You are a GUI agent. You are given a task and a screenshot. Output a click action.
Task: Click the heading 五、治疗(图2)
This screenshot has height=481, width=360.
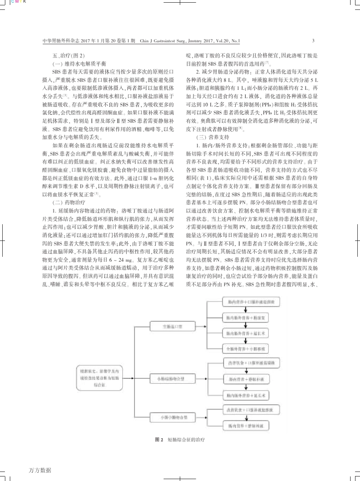coord(68,55)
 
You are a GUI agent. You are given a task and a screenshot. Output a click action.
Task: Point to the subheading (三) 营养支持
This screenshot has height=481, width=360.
coord(212,137)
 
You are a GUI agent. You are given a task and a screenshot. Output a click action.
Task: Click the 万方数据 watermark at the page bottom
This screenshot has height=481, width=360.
coord(40,470)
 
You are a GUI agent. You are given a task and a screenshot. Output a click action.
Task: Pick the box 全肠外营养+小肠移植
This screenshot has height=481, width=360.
coord(245,347)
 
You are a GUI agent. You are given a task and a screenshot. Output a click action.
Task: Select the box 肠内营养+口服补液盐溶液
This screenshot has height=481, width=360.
coord(245,302)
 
